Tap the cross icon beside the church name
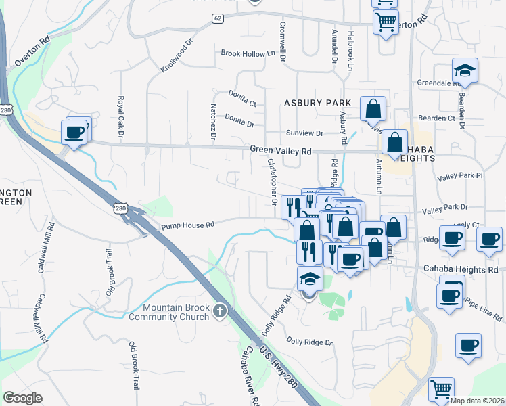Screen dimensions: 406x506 pos(218,311)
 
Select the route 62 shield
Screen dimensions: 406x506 pos(216,18)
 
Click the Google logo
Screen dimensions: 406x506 pos(22,398)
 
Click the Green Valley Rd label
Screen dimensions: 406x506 pos(280,150)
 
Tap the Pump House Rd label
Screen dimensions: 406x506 pos(187,225)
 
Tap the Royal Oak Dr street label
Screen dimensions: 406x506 pos(122,115)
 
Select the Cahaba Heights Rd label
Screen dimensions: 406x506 pos(467,269)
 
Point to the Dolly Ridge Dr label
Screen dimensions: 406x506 pos(309,342)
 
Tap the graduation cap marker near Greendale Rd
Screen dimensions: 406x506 pos(465,71)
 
